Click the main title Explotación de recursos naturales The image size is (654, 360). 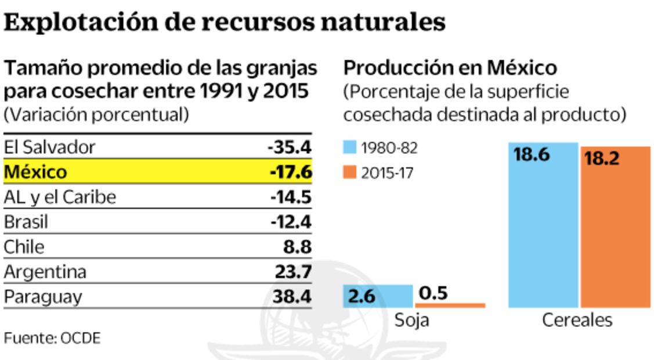click(x=225, y=22)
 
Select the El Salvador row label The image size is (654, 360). click(x=49, y=147)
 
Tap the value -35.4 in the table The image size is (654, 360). click(x=290, y=147)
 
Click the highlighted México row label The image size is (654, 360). click(x=35, y=172)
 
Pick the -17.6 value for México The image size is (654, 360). click(x=291, y=172)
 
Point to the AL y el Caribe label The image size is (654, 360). click(x=60, y=197)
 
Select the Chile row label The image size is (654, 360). click(x=24, y=247)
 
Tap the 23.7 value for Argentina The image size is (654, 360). click(x=292, y=272)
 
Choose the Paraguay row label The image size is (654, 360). click(x=43, y=297)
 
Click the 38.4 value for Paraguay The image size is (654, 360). click(x=292, y=297)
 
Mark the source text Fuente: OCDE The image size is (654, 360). click(x=52, y=338)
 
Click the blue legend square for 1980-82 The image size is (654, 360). click(x=350, y=148)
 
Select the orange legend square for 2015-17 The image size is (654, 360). click(x=350, y=173)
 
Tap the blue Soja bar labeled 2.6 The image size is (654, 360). click(x=378, y=296)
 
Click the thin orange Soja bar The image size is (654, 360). click(x=450, y=305)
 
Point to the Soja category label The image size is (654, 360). click(x=412, y=320)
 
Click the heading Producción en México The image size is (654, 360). click(x=450, y=68)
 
